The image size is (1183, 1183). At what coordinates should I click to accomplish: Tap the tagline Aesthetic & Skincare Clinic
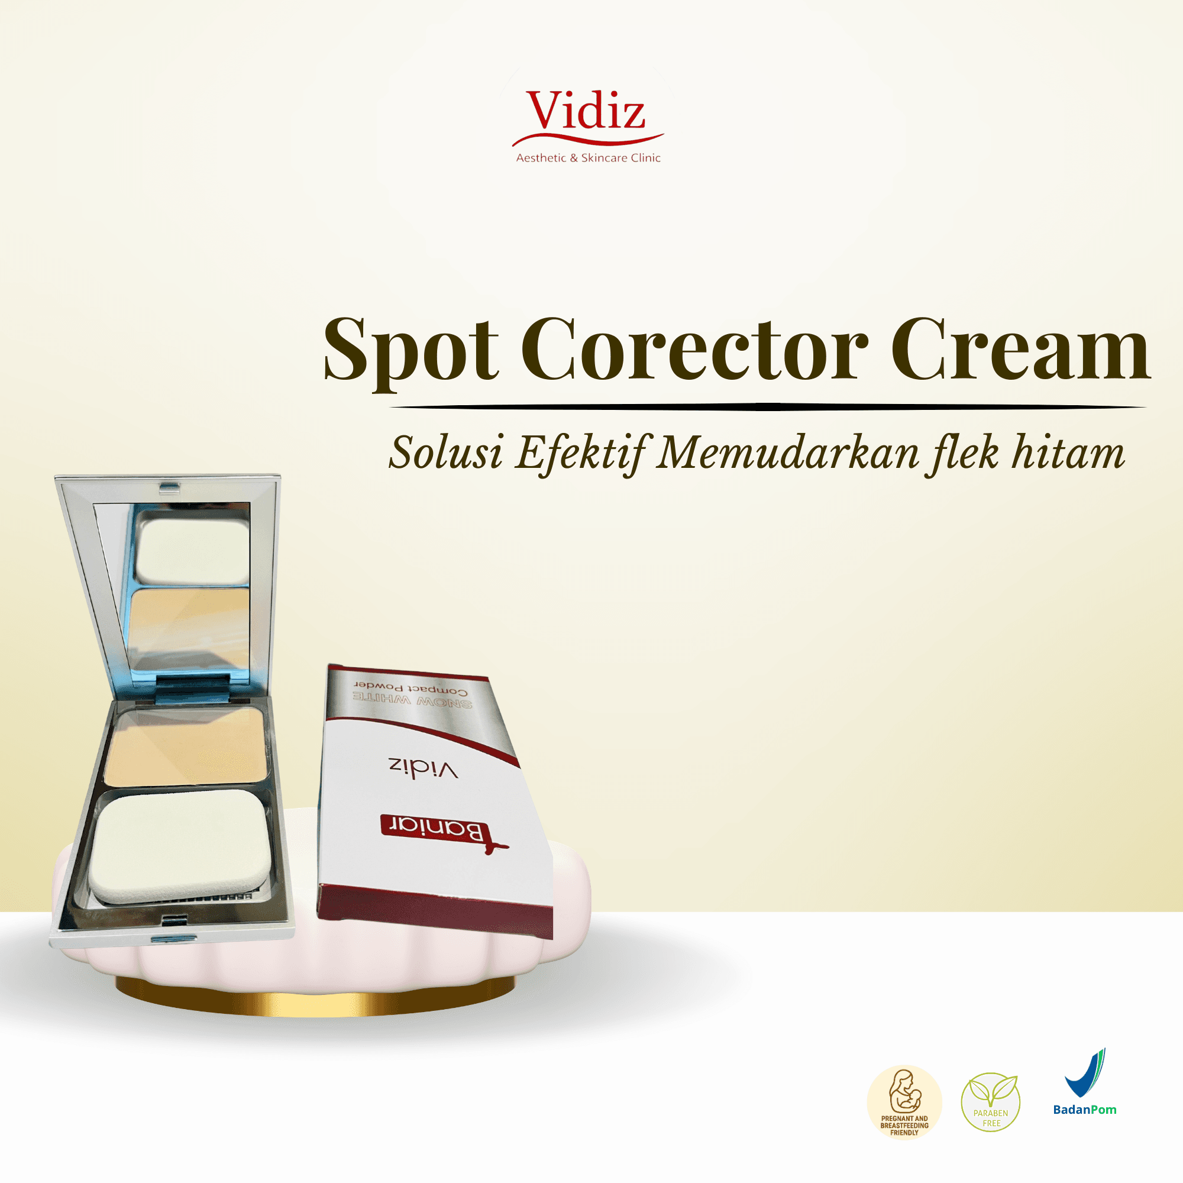pyautogui.click(x=588, y=158)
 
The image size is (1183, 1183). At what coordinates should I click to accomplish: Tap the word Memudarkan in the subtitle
pyautogui.click(x=787, y=454)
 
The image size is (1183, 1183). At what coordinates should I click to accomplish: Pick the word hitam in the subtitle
pyautogui.click(x=1068, y=454)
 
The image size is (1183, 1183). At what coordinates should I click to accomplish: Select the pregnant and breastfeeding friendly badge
pyautogui.click(x=904, y=1102)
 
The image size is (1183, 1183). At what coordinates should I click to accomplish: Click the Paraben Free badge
pyautogui.click(x=990, y=1102)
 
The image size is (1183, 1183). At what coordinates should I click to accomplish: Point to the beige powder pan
pyautogui.click(x=186, y=745)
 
